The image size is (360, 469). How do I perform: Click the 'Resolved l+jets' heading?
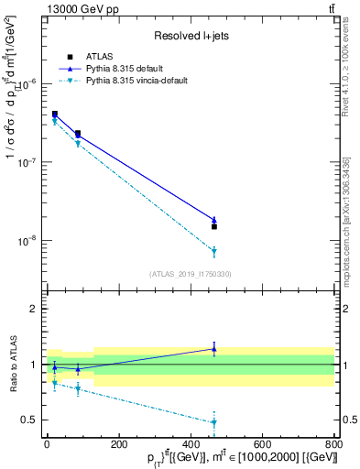[190, 36]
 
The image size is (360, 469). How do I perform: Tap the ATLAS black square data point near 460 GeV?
[213, 226]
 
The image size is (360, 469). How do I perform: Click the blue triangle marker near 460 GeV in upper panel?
[213, 220]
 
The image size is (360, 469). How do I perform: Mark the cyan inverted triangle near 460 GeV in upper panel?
[213, 251]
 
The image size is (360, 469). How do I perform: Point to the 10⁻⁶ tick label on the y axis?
[27, 83]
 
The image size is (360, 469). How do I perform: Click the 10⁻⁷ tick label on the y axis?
[27, 162]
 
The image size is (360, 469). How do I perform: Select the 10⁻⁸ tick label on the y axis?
[27, 241]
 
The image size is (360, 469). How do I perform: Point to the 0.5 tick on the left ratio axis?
[30, 420]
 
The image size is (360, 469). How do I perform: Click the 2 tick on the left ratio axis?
[34, 309]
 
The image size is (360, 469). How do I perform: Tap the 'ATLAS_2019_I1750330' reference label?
[190, 274]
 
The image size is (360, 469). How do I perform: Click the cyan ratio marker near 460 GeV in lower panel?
[213, 422]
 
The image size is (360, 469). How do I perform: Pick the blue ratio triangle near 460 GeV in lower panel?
[213, 348]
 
